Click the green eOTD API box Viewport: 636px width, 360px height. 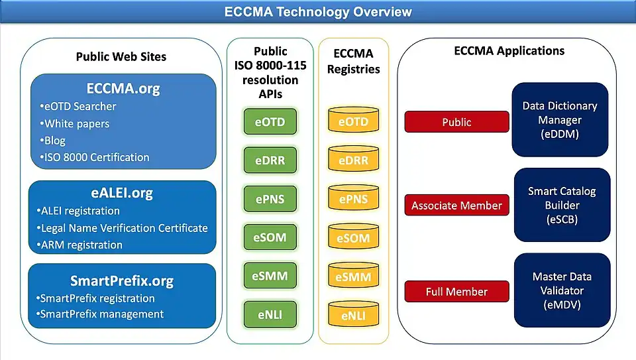tap(270, 122)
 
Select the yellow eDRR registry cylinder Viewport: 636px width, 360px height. tap(353, 160)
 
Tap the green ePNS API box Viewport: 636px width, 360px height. tap(270, 198)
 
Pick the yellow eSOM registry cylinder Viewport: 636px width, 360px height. tap(353, 238)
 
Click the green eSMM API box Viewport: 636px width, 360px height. tap(270, 275)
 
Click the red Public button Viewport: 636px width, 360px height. tap(456, 122)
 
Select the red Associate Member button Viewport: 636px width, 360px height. tap(456, 206)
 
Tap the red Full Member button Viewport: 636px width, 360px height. tap(456, 292)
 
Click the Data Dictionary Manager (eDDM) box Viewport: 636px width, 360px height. tap(560, 120)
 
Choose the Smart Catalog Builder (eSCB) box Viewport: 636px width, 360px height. tap(562, 205)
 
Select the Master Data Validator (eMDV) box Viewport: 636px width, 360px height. tap(562, 290)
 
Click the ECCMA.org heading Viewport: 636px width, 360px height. tap(123, 88)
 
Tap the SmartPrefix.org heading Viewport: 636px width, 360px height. tap(122, 280)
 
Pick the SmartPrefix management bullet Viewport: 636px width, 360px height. tap(101, 314)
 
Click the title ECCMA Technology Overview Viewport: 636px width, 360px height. tap(318, 12)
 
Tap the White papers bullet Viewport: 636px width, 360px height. tap(77, 124)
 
